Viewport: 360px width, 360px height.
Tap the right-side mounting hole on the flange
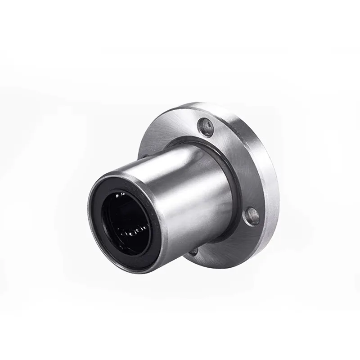tap(252, 216)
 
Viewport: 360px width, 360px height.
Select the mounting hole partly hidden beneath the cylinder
tap(194, 252)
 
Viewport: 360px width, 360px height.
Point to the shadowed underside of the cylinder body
tap(198, 234)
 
